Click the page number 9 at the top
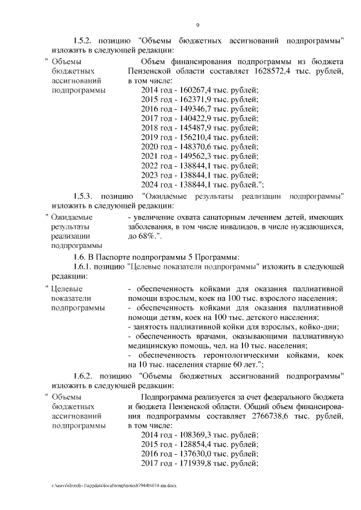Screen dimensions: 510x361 [x=198, y=25]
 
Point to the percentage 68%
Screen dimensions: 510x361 [x=146, y=235]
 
